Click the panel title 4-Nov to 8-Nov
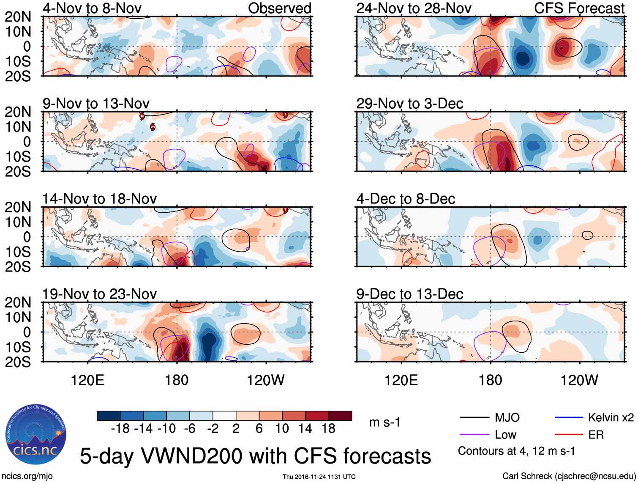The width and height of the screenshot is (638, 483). [x=92, y=8]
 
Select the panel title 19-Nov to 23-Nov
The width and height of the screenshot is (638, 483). [x=99, y=294]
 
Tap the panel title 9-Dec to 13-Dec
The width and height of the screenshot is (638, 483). [x=409, y=294]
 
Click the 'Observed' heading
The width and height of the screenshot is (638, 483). [x=279, y=8]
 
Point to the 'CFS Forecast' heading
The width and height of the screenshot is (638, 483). [x=579, y=8]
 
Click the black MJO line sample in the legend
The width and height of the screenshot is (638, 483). [x=474, y=418]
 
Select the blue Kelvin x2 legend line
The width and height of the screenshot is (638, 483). [x=569, y=418]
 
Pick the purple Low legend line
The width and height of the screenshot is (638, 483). [x=474, y=434]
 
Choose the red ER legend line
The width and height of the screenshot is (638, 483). [x=569, y=434]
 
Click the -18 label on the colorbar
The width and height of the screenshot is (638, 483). [x=120, y=428]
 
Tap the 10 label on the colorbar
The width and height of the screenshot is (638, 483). [x=282, y=428]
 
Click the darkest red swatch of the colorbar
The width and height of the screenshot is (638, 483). [x=340, y=416]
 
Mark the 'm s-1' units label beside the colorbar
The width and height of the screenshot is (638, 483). [x=384, y=422]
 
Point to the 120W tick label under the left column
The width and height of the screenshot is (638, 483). [x=266, y=380]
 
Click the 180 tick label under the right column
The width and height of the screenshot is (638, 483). [x=490, y=380]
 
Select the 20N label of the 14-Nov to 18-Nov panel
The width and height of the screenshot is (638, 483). [x=18, y=207]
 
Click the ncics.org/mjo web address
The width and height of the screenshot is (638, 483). [x=27, y=476]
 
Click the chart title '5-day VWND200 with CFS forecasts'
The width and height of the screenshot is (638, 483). [x=255, y=456]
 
